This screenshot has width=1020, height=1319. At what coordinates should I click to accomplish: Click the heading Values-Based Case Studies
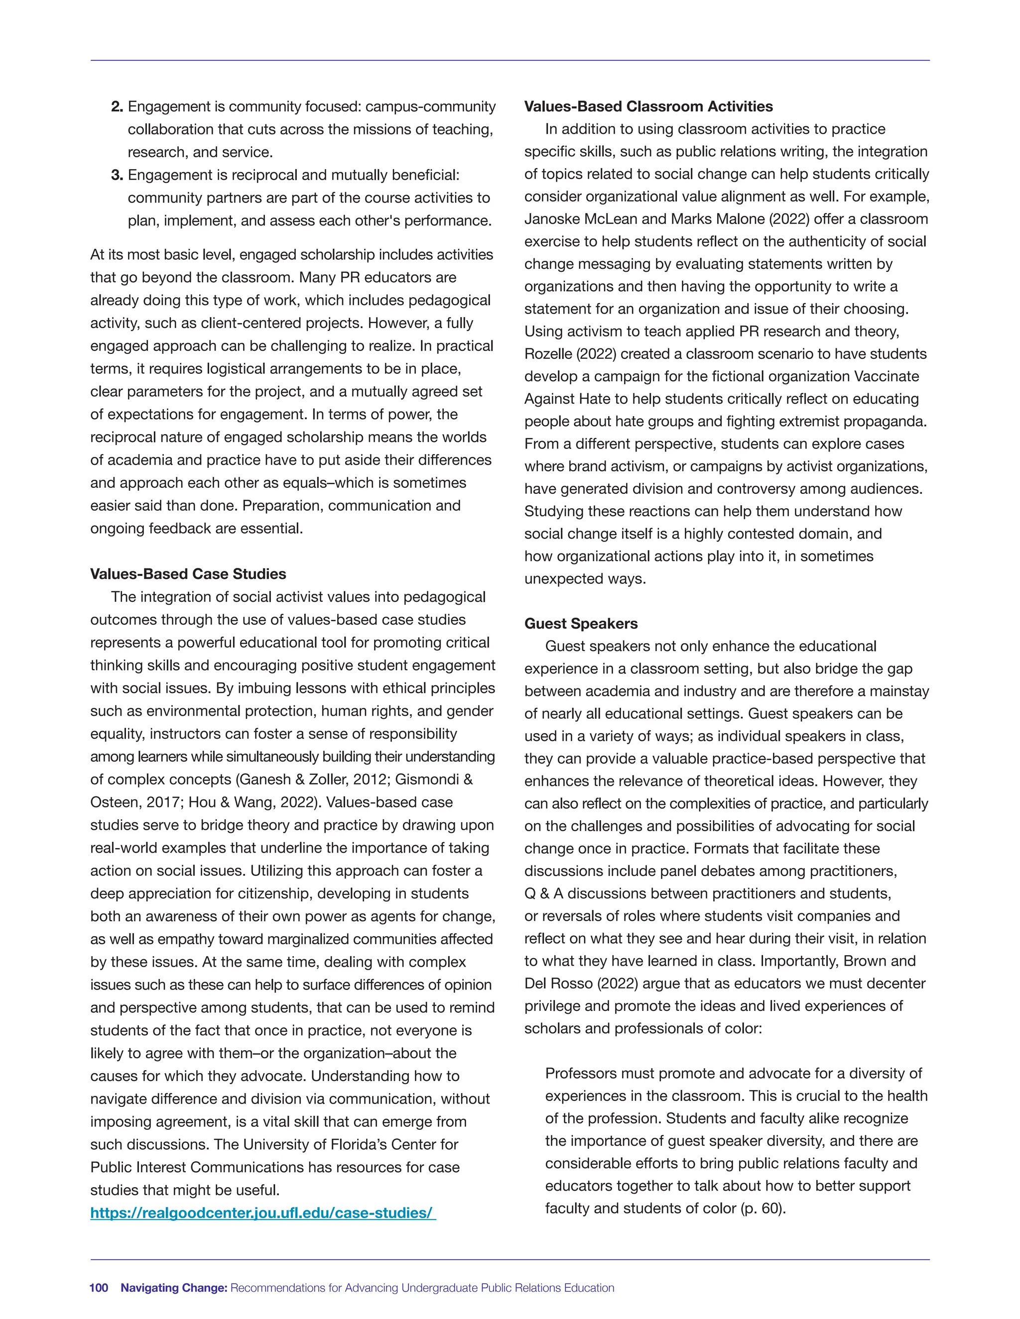(188, 574)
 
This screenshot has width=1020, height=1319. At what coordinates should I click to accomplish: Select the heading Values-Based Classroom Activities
(648, 107)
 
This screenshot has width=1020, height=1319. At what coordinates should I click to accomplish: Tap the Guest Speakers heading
(581, 623)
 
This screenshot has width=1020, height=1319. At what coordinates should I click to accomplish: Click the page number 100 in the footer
(99, 1288)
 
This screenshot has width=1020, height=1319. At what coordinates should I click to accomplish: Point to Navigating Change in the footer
(173, 1288)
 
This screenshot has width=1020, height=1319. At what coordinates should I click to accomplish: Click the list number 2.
(117, 107)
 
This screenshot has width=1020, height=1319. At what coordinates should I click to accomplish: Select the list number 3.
(117, 175)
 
